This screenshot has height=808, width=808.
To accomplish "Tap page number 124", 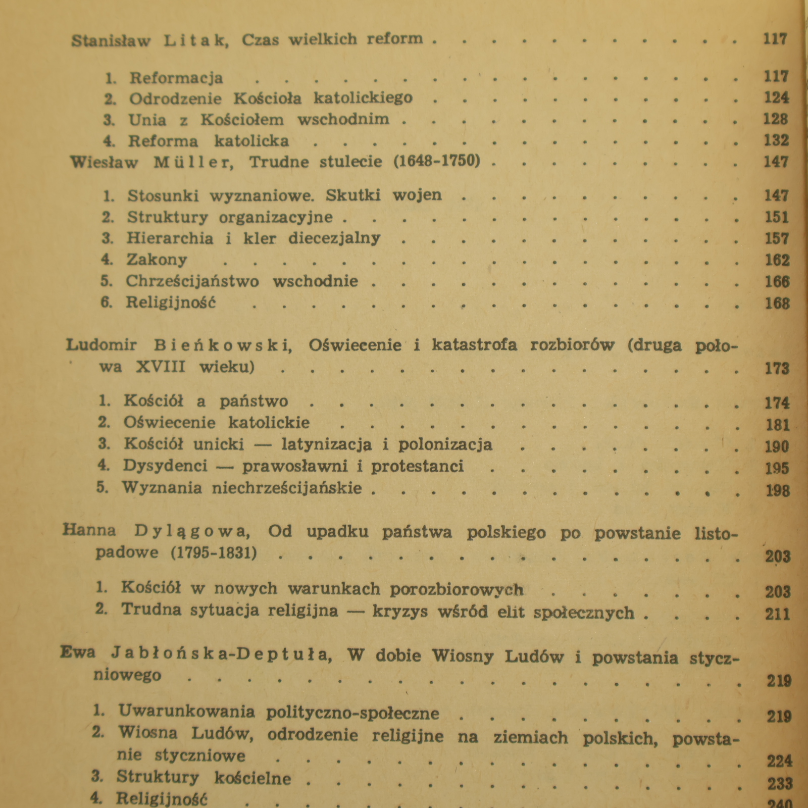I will click(776, 97).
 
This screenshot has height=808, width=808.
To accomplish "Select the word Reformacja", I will click(176, 78).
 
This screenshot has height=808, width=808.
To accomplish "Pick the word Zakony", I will click(157, 260).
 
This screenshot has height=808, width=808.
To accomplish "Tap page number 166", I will click(777, 282).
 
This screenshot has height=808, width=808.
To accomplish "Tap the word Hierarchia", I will click(170, 238).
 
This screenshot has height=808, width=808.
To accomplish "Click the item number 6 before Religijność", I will click(106, 303).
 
